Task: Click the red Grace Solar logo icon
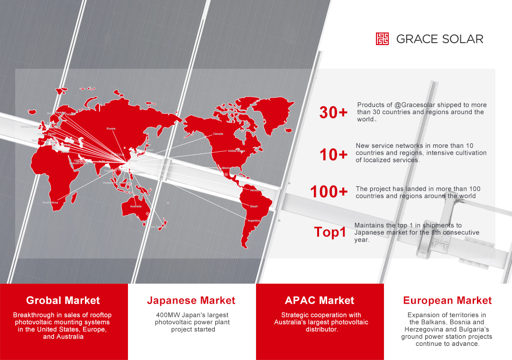pyautogui.click(x=382, y=39)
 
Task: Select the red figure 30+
pyautogui.click(x=333, y=113)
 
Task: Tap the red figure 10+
pyautogui.click(x=333, y=155)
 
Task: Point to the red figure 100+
pyautogui.click(x=329, y=192)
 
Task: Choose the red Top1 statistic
pyautogui.click(x=330, y=232)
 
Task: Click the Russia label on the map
pyautogui.click(x=111, y=129)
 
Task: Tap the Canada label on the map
pyautogui.click(x=218, y=134)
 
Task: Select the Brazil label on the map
pyautogui.click(x=254, y=206)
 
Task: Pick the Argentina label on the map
pyautogui.click(x=254, y=221)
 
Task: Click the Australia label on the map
pyautogui.click(x=136, y=206)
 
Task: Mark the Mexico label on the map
pyautogui.click(x=227, y=168)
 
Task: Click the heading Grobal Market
pyautogui.click(x=63, y=300)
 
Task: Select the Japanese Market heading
pyautogui.click(x=191, y=300)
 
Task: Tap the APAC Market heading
pyautogui.click(x=320, y=300)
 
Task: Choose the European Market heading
pyautogui.click(x=447, y=300)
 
